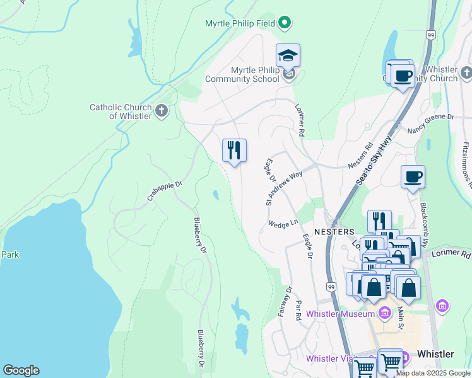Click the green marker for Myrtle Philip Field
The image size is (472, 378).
285,23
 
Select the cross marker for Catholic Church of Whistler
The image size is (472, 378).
162,112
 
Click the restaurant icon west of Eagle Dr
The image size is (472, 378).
234,151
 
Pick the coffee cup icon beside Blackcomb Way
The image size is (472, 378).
413,177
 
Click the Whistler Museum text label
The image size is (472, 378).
341,314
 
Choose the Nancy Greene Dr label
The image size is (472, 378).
431,117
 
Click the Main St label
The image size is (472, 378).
400,315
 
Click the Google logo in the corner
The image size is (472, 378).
21,370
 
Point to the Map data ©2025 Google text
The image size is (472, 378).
433,373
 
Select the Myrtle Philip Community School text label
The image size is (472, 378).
242,74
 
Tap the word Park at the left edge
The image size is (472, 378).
9,255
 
